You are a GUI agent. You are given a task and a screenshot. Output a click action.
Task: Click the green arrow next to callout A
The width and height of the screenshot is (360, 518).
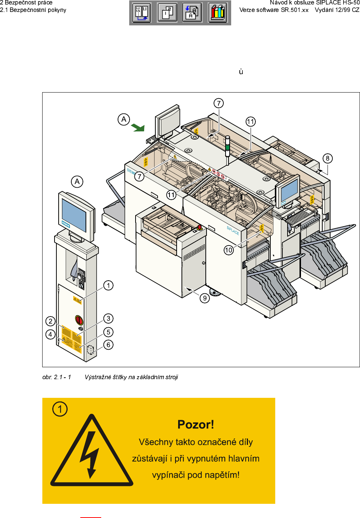point(138,128)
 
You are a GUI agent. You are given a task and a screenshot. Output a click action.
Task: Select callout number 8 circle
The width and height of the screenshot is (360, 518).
point(328,158)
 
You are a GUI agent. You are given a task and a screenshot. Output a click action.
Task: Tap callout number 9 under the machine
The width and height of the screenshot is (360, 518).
point(205,298)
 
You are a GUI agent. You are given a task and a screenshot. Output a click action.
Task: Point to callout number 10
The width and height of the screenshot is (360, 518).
point(229,250)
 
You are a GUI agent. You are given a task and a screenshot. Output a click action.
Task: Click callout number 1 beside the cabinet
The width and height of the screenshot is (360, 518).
point(108,285)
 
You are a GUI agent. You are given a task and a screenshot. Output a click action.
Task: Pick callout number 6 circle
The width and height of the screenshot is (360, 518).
point(108,345)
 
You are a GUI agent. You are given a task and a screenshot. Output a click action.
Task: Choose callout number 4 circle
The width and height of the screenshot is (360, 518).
point(50,334)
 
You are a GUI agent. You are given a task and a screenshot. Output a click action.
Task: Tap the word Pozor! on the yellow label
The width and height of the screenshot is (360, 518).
point(196,425)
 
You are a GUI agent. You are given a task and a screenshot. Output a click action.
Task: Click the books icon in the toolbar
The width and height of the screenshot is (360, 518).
point(218,13)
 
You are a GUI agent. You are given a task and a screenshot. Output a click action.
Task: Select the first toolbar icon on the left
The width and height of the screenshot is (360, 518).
point(142,13)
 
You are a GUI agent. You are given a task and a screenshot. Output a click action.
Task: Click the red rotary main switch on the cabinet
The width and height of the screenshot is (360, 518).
point(79,320)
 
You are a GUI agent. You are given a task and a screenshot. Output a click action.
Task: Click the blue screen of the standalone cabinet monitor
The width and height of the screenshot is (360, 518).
point(74,215)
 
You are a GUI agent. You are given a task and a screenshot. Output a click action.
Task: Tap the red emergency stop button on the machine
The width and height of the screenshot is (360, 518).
point(199,227)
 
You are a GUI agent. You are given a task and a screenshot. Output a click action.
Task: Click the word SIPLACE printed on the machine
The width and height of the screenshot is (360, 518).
point(233,230)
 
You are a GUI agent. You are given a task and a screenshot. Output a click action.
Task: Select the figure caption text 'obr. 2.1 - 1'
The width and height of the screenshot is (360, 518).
point(57,377)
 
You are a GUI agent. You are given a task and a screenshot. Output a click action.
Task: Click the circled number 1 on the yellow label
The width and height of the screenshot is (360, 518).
point(60,409)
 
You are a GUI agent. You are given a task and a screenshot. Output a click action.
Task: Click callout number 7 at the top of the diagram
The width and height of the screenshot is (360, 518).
point(219,103)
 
